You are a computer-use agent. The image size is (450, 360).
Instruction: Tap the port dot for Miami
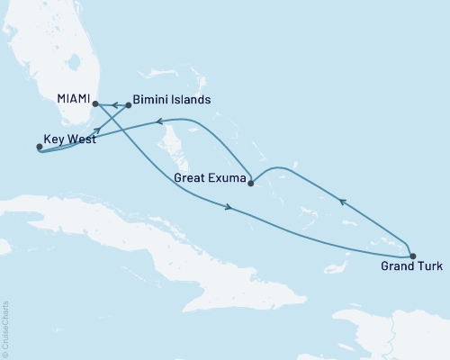coord(94,104)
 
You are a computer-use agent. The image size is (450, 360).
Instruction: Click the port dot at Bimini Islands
coord(128,105)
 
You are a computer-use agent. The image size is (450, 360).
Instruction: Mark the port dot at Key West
coord(39,147)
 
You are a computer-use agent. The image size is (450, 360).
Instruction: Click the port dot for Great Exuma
coord(250,184)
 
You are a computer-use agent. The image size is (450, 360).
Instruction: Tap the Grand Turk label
coord(411,267)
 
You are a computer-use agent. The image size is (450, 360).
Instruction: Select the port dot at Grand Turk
coord(413,256)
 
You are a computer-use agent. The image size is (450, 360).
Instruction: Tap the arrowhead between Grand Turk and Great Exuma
coord(342,202)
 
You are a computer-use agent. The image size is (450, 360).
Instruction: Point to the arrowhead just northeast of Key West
coord(95,130)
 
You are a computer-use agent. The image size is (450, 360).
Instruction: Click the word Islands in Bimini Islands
coord(191,101)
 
